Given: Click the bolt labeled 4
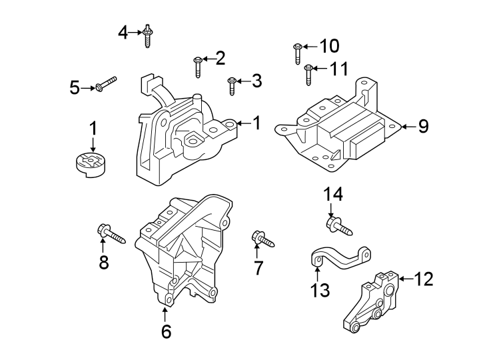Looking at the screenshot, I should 147,35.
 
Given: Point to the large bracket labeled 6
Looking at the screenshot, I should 183,250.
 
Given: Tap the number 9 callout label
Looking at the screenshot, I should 423,126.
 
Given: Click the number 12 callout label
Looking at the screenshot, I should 423,279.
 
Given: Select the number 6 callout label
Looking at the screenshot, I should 166,331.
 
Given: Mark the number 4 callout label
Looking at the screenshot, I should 123,31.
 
